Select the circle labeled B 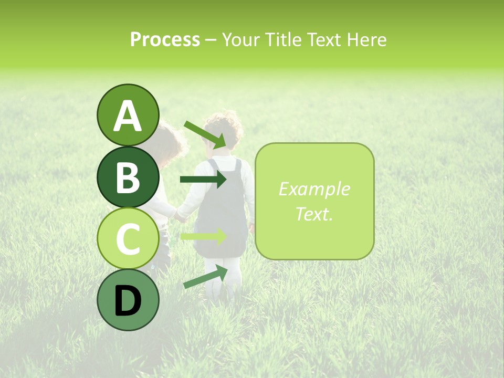(128, 176)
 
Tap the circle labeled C (128, 238)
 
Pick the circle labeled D (128, 300)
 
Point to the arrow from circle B (203, 180)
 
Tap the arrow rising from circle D (205, 277)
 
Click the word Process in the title (165, 39)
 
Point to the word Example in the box (314, 189)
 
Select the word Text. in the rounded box (314, 214)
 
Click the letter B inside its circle (128, 177)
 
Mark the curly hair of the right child (224, 128)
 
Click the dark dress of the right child (220, 210)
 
